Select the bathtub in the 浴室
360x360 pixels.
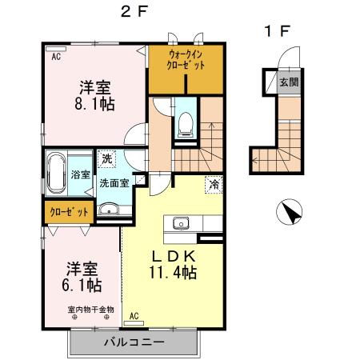pyautogui.click(x=57, y=174)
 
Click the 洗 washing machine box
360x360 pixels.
pyautogui.click(x=106, y=159)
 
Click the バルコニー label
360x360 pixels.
pyautogui.click(x=133, y=342)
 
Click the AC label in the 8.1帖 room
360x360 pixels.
pyautogui.click(x=57, y=58)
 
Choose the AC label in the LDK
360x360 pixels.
pyautogui.click(x=134, y=316)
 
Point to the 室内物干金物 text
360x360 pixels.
pyautogui.click(x=90, y=309)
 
